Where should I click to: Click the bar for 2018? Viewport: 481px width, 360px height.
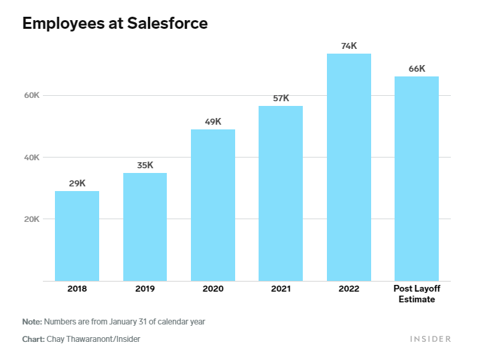(x=77, y=236)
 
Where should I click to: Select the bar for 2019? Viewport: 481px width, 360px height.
(x=145, y=227)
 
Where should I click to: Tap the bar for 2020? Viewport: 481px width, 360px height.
(x=213, y=205)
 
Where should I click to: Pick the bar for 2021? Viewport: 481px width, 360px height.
(x=281, y=193)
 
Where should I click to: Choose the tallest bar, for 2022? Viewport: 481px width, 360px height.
(x=348, y=167)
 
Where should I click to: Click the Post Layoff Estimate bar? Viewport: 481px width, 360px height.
(x=417, y=178)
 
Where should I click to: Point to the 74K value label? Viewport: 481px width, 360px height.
(x=349, y=46)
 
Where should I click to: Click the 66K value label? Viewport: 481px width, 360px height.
(x=417, y=68)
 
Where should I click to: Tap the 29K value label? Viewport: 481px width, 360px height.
(x=77, y=183)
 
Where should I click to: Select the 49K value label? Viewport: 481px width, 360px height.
(x=213, y=121)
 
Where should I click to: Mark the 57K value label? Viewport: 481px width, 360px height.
(x=281, y=98)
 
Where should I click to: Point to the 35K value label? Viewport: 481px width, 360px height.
(x=145, y=165)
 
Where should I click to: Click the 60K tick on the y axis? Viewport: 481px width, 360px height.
(x=32, y=95)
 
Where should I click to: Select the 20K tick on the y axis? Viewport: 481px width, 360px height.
(x=32, y=219)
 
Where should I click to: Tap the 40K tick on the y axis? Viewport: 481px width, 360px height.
(x=32, y=158)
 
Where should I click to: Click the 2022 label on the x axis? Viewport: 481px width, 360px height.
(x=349, y=289)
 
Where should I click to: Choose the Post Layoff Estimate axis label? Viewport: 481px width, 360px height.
(x=417, y=294)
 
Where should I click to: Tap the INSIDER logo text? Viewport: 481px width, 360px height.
(x=430, y=339)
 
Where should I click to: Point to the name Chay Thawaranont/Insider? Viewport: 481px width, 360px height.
(x=93, y=339)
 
